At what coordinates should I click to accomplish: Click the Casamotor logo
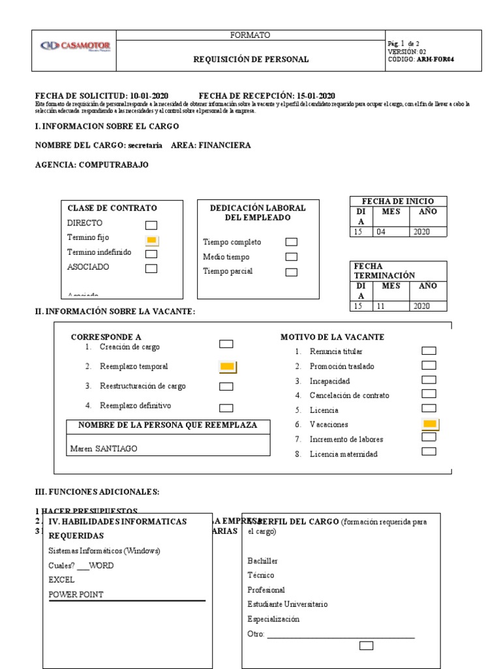pyautogui.click(x=75, y=46)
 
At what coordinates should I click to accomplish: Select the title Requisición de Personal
pyautogui.click(x=251, y=59)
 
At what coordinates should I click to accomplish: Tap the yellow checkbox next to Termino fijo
pyautogui.click(x=151, y=240)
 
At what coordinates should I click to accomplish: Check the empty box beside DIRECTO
pyautogui.click(x=151, y=225)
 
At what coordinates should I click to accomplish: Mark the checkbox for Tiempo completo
pyautogui.click(x=291, y=242)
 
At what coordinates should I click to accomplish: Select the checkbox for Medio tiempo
pyautogui.click(x=291, y=257)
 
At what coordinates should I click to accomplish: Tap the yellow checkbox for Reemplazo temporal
pyautogui.click(x=227, y=367)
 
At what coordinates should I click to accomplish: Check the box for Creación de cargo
pyautogui.click(x=226, y=344)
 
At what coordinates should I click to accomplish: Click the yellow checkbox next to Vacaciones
pyautogui.click(x=430, y=425)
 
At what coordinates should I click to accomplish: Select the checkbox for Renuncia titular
pyautogui.click(x=429, y=351)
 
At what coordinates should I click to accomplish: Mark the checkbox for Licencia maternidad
pyautogui.click(x=429, y=451)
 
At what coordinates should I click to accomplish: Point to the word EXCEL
pyautogui.click(x=61, y=579)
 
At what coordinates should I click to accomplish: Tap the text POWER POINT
pyautogui.click(x=76, y=595)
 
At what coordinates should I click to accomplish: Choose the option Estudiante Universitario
pyautogui.click(x=288, y=604)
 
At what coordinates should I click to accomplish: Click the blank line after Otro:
pyautogui.click(x=341, y=636)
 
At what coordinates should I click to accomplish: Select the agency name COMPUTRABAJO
pyautogui.click(x=114, y=165)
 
